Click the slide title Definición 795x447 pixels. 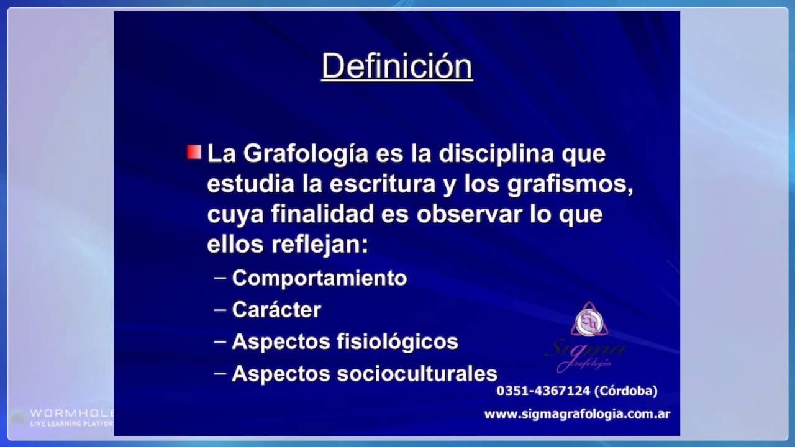(397, 66)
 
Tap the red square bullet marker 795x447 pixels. (194, 153)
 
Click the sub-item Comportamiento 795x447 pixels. (319, 278)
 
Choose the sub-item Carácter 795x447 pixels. (276, 310)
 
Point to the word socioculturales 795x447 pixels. (417, 373)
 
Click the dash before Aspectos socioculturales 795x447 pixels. (220, 372)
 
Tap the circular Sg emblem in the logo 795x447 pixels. (589, 322)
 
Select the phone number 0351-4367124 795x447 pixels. (542, 391)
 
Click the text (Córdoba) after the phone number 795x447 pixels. (625, 391)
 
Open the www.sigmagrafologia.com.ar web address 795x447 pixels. (577, 414)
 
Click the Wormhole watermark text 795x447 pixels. (71, 413)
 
